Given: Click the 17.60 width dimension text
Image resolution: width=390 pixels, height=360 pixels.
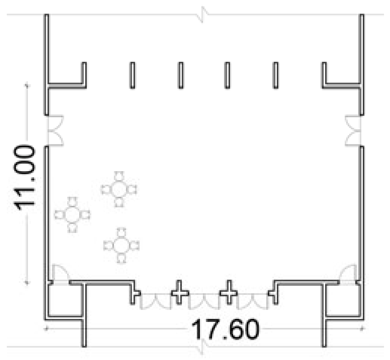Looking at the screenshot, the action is click(x=226, y=329).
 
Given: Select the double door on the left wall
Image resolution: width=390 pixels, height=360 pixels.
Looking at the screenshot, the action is click(x=55, y=130).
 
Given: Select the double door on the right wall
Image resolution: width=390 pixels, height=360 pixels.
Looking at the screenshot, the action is click(x=353, y=130).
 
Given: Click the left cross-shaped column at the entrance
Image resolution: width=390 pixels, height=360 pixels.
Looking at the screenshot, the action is click(x=180, y=293).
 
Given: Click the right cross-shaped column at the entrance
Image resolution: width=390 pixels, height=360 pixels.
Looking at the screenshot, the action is click(x=229, y=293).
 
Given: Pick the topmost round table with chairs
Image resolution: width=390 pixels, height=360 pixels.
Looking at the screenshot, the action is click(x=119, y=189).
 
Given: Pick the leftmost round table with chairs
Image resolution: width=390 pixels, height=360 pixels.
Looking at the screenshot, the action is click(x=72, y=215).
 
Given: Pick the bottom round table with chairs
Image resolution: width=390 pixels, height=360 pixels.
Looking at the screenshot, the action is click(x=121, y=246).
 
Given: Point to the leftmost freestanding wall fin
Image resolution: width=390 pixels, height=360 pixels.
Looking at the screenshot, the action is click(x=132, y=75).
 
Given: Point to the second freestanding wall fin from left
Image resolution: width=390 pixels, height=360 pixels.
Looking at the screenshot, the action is click(x=181, y=75).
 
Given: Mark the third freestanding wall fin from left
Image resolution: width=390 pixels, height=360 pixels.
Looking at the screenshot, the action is click(x=227, y=75).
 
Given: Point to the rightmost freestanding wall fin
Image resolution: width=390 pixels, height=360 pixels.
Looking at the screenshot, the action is click(x=276, y=75).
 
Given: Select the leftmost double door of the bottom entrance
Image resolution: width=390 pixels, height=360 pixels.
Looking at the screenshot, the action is click(x=156, y=301).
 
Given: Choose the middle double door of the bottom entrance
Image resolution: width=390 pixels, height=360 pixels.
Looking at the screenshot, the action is click(x=204, y=301).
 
